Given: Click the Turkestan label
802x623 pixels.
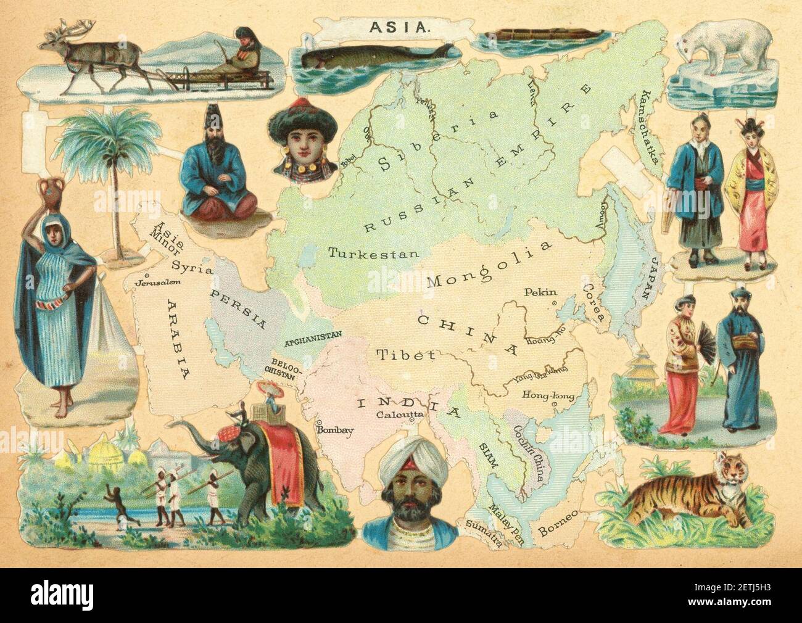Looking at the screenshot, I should click(x=374, y=253).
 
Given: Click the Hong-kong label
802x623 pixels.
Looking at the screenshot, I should click(x=548, y=395).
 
